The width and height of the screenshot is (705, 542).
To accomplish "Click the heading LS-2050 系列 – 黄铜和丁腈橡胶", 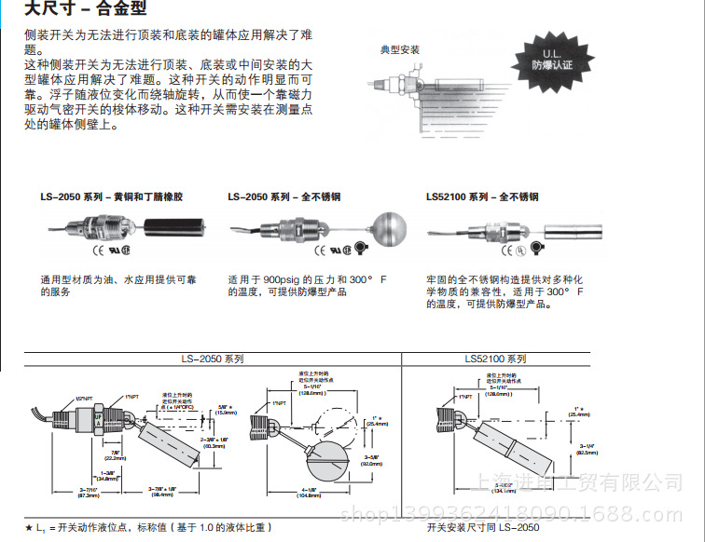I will tap(112, 196).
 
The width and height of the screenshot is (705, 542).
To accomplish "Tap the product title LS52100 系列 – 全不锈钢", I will tap(482, 196).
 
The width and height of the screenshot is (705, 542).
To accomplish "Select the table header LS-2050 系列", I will tap(213, 358).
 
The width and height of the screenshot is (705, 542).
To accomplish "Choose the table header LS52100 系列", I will tap(495, 358).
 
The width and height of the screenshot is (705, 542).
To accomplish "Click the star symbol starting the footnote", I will tap(29, 527).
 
